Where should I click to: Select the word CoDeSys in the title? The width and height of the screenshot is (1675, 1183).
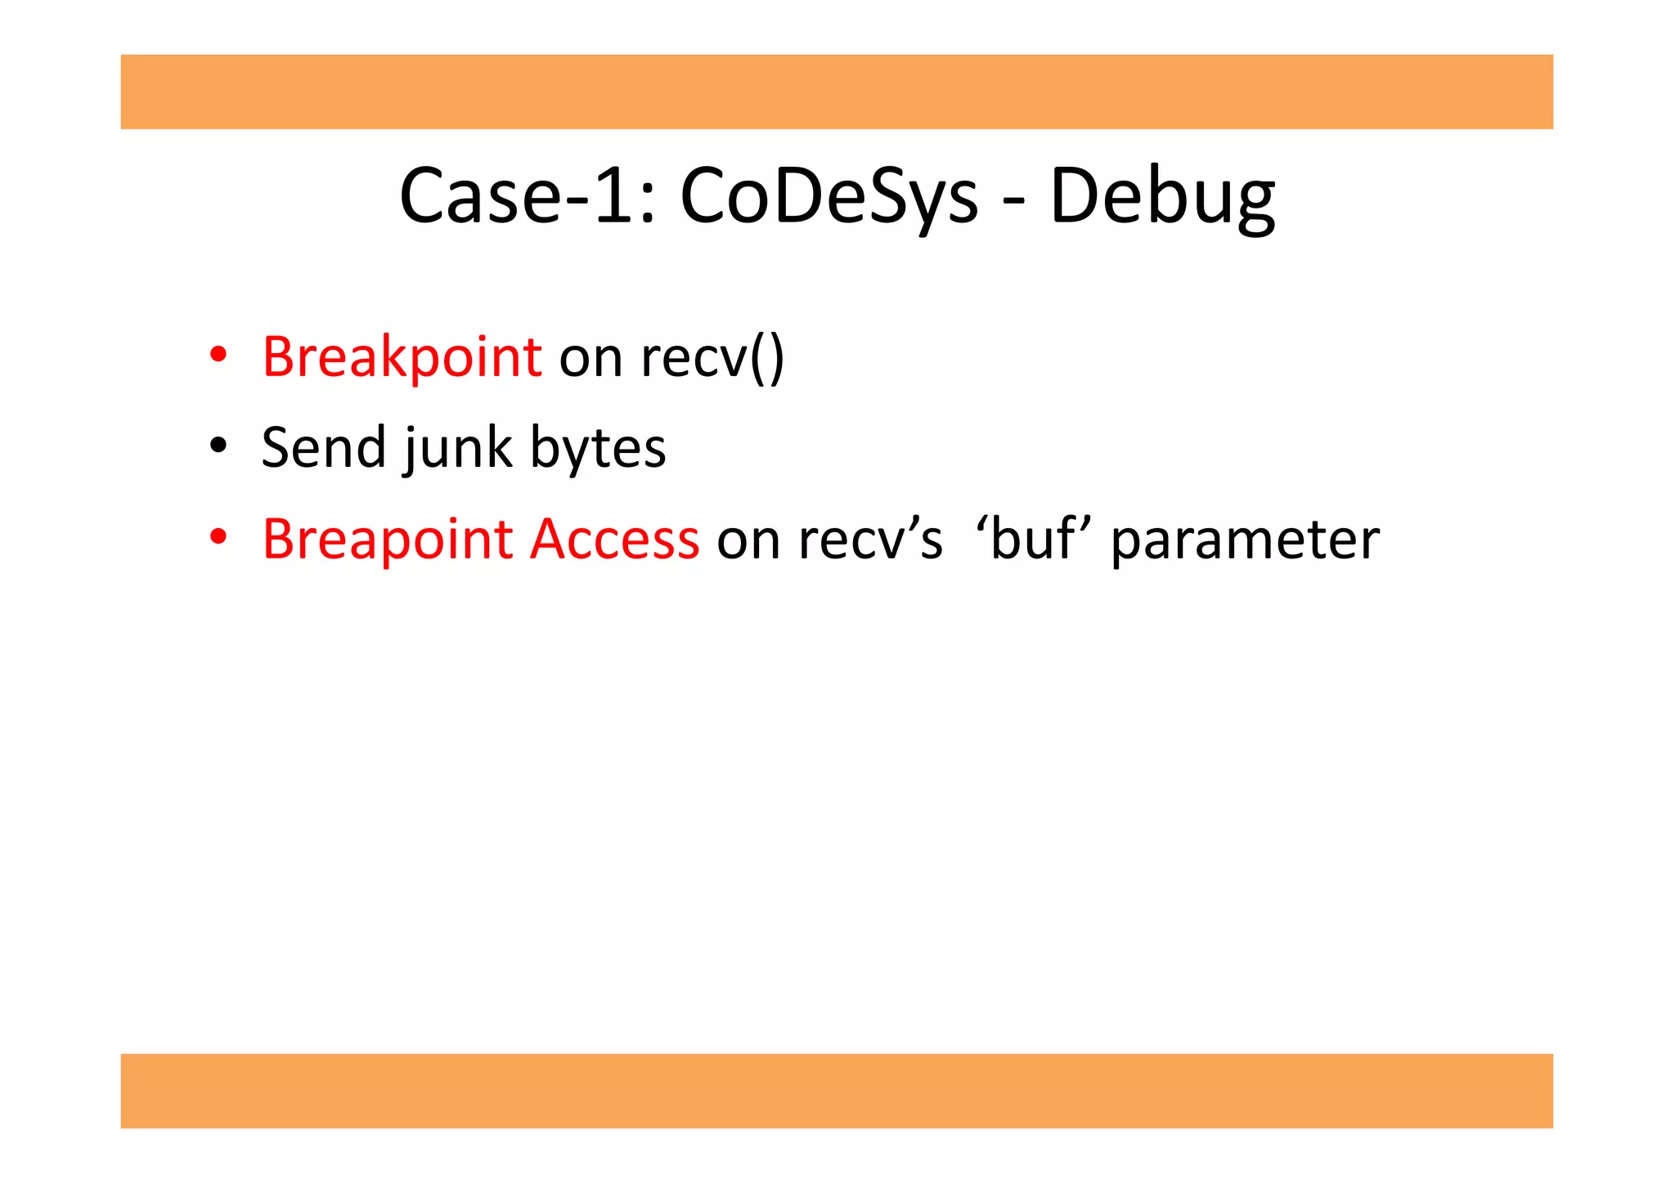click(x=829, y=196)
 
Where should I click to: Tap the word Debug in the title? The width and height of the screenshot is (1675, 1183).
click(x=1161, y=196)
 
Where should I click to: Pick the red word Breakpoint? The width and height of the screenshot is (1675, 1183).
click(x=402, y=357)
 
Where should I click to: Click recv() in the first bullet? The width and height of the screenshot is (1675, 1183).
click(x=712, y=357)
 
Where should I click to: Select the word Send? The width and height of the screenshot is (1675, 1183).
click(x=323, y=448)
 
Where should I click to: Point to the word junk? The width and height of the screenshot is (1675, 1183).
click(x=457, y=448)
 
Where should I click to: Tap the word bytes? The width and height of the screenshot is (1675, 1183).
click(x=598, y=448)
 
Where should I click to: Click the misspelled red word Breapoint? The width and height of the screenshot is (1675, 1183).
click(x=387, y=540)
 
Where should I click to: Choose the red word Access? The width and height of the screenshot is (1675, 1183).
click(x=614, y=540)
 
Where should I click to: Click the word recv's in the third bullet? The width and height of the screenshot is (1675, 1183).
click(x=870, y=540)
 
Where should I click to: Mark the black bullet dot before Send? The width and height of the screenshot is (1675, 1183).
click(x=218, y=446)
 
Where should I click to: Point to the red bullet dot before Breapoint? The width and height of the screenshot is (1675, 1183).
click(x=218, y=537)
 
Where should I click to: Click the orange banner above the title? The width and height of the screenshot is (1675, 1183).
click(x=837, y=92)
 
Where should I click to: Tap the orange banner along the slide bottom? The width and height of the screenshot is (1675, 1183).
click(x=837, y=1091)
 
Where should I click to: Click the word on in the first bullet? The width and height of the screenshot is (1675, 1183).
click(x=591, y=357)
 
